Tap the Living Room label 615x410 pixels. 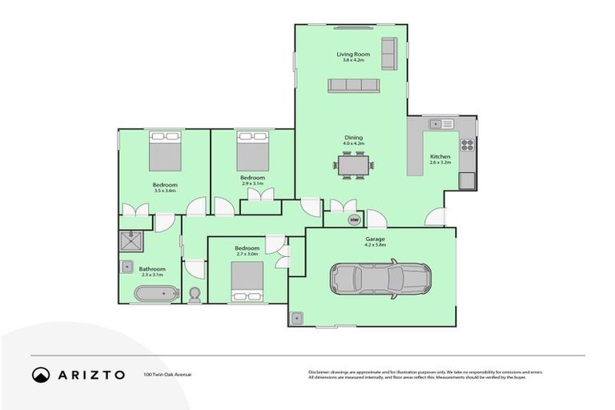click(x=350, y=54)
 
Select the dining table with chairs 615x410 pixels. click(x=353, y=165)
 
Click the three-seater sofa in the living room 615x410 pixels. click(x=353, y=86)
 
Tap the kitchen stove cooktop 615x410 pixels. click(x=467, y=146)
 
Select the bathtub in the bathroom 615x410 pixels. click(x=155, y=294)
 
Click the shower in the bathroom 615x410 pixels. click(x=130, y=241)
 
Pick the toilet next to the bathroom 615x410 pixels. click(x=195, y=295)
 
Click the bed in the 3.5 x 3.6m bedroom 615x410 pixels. click(x=166, y=151)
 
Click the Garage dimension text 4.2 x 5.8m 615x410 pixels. click(x=375, y=245)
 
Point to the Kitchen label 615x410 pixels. click(x=440, y=156)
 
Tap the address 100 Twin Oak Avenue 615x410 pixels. click(x=167, y=374)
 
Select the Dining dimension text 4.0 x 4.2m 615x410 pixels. click(x=354, y=143)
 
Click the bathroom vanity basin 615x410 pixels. click(x=127, y=267)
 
